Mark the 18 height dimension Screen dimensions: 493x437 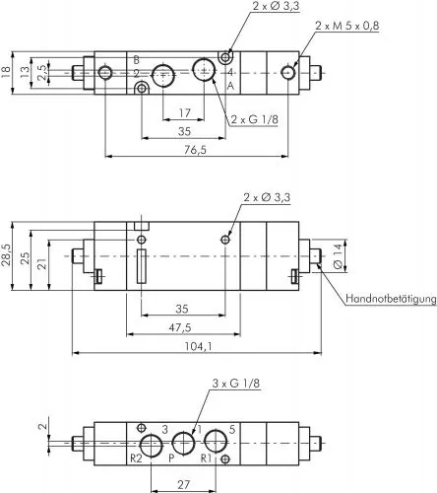click(8, 70)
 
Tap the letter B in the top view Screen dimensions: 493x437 click(136, 60)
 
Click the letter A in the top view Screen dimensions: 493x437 click(230, 87)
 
